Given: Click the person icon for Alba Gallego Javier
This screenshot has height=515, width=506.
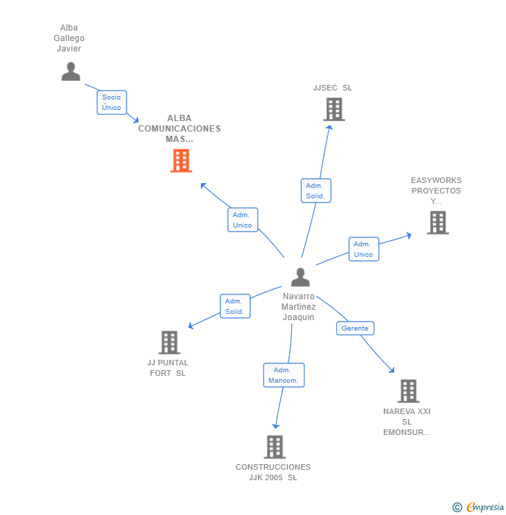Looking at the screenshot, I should pos(71,72).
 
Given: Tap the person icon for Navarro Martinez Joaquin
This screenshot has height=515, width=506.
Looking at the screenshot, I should pos(300,278).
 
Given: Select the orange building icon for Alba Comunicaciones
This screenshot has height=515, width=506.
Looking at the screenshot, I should pos(181,161).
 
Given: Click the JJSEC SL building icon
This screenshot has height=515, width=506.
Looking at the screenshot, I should pos(334,109).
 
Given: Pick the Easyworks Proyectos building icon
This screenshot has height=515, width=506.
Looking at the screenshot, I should pos(437,223).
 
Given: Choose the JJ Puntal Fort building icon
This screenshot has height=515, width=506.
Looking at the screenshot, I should pos(170,342).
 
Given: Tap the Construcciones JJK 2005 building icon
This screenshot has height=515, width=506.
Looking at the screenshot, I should pos(275,447).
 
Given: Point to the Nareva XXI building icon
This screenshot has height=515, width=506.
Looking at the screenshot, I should pos(408,391).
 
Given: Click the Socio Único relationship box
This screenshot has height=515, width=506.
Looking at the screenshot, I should pos(111,102).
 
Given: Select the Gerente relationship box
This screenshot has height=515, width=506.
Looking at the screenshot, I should pos(355,328).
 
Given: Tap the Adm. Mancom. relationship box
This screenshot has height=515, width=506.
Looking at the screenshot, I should pos(284,375).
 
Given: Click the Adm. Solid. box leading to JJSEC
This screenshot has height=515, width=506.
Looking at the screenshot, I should pos(316,191).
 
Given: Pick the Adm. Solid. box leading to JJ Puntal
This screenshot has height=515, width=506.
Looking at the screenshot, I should pos(235,306).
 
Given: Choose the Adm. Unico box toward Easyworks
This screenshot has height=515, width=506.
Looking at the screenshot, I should pos(364,249).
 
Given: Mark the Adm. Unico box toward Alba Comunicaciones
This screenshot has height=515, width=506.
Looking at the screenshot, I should pos(243,220).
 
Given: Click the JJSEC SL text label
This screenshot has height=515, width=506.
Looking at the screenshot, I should pos(332,88).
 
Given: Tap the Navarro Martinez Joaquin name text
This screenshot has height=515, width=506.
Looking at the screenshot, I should pos(299,306).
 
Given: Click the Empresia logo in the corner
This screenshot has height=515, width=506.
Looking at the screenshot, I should pos(478,507).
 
